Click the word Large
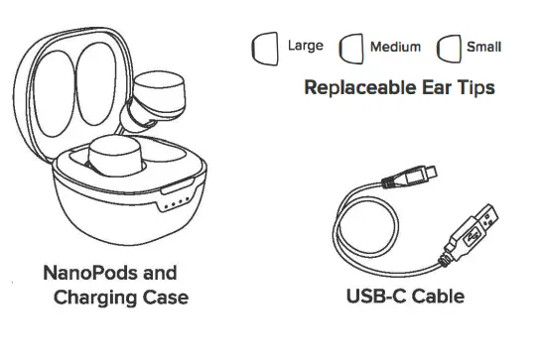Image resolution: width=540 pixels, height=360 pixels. tap(306, 46)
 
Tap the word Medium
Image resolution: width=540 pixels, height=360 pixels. tap(395, 47)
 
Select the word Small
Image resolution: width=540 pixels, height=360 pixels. tap(484, 47)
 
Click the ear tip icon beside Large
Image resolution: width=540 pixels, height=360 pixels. tap(266, 48)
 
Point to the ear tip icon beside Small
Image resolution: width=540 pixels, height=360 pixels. tap(450, 49)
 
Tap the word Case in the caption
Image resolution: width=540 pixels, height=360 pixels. tap(164, 297)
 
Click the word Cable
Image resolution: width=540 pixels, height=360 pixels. tap(437, 296)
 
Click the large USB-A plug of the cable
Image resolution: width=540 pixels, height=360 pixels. tap(477, 231)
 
